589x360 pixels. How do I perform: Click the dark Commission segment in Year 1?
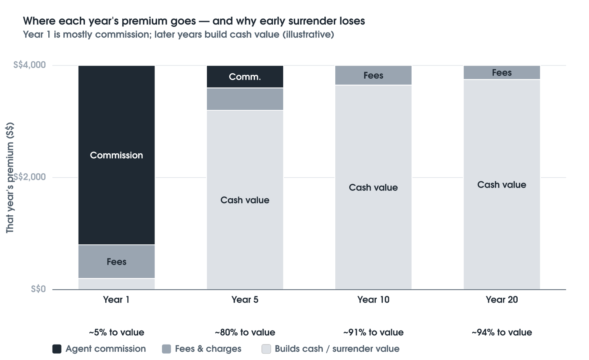[x=117, y=155]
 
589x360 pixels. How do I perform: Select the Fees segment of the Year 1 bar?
[x=117, y=261]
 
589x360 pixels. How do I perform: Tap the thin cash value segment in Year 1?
[x=117, y=284]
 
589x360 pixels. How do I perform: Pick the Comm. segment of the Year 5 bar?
[x=245, y=77]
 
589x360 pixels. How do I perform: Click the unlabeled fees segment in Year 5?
[x=245, y=99]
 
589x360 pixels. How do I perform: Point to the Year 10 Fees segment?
[x=373, y=75]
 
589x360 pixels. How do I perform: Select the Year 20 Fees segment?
[x=502, y=73]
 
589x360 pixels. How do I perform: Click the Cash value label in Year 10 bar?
[x=373, y=187]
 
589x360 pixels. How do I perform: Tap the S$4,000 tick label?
[x=29, y=65]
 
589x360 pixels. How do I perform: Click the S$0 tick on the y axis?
[x=39, y=289]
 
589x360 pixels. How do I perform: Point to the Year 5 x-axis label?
[x=245, y=300]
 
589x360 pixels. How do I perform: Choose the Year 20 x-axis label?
[x=502, y=300]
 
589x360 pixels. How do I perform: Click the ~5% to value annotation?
[x=117, y=332]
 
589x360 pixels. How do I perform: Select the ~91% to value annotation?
[x=373, y=332]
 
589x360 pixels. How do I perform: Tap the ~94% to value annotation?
[x=502, y=332]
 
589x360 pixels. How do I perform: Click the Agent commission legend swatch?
[x=57, y=349]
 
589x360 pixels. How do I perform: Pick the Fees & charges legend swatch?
[x=167, y=349]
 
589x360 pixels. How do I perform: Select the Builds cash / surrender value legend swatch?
[x=266, y=349]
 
